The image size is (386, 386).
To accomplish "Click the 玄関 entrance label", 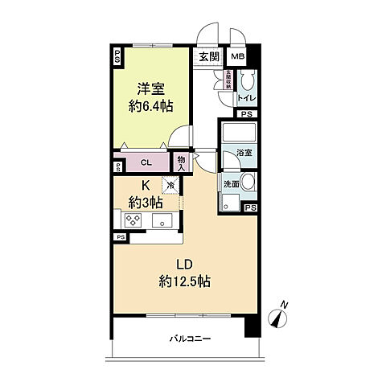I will (x=208, y=56).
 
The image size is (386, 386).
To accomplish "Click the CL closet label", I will (x=146, y=162).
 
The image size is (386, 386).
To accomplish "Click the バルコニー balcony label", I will (x=191, y=339).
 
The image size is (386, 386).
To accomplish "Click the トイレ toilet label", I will (x=245, y=99).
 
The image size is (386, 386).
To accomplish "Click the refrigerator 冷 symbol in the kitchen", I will (x=170, y=184).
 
